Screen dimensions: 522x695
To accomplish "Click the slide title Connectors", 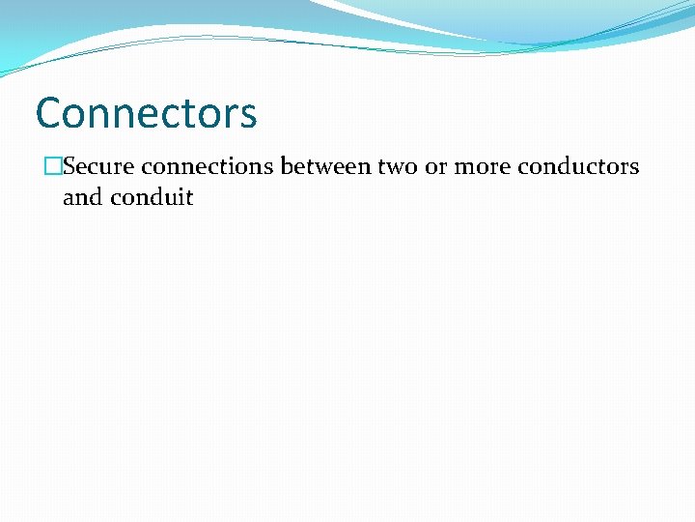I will tap(146, 113).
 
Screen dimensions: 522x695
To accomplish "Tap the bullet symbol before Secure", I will tap(52, 167).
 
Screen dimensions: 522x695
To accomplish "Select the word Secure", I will tap(98, 167).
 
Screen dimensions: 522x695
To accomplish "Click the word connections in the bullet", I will tap(208, 167).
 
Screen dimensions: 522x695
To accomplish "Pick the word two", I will tap(398, 167).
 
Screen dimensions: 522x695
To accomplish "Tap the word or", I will tap(436, 167).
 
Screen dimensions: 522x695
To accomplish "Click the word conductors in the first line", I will tap(578, 167).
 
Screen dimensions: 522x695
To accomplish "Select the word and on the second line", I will tap(82, 198).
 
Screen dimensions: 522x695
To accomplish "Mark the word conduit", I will tap(152, 198).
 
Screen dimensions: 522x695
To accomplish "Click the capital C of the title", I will tap(48, 113).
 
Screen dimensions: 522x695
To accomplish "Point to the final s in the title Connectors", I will tap(249, 115).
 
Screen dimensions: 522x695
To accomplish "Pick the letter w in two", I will tap(396, 168).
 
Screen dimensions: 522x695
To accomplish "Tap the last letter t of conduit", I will tap(189, 198).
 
